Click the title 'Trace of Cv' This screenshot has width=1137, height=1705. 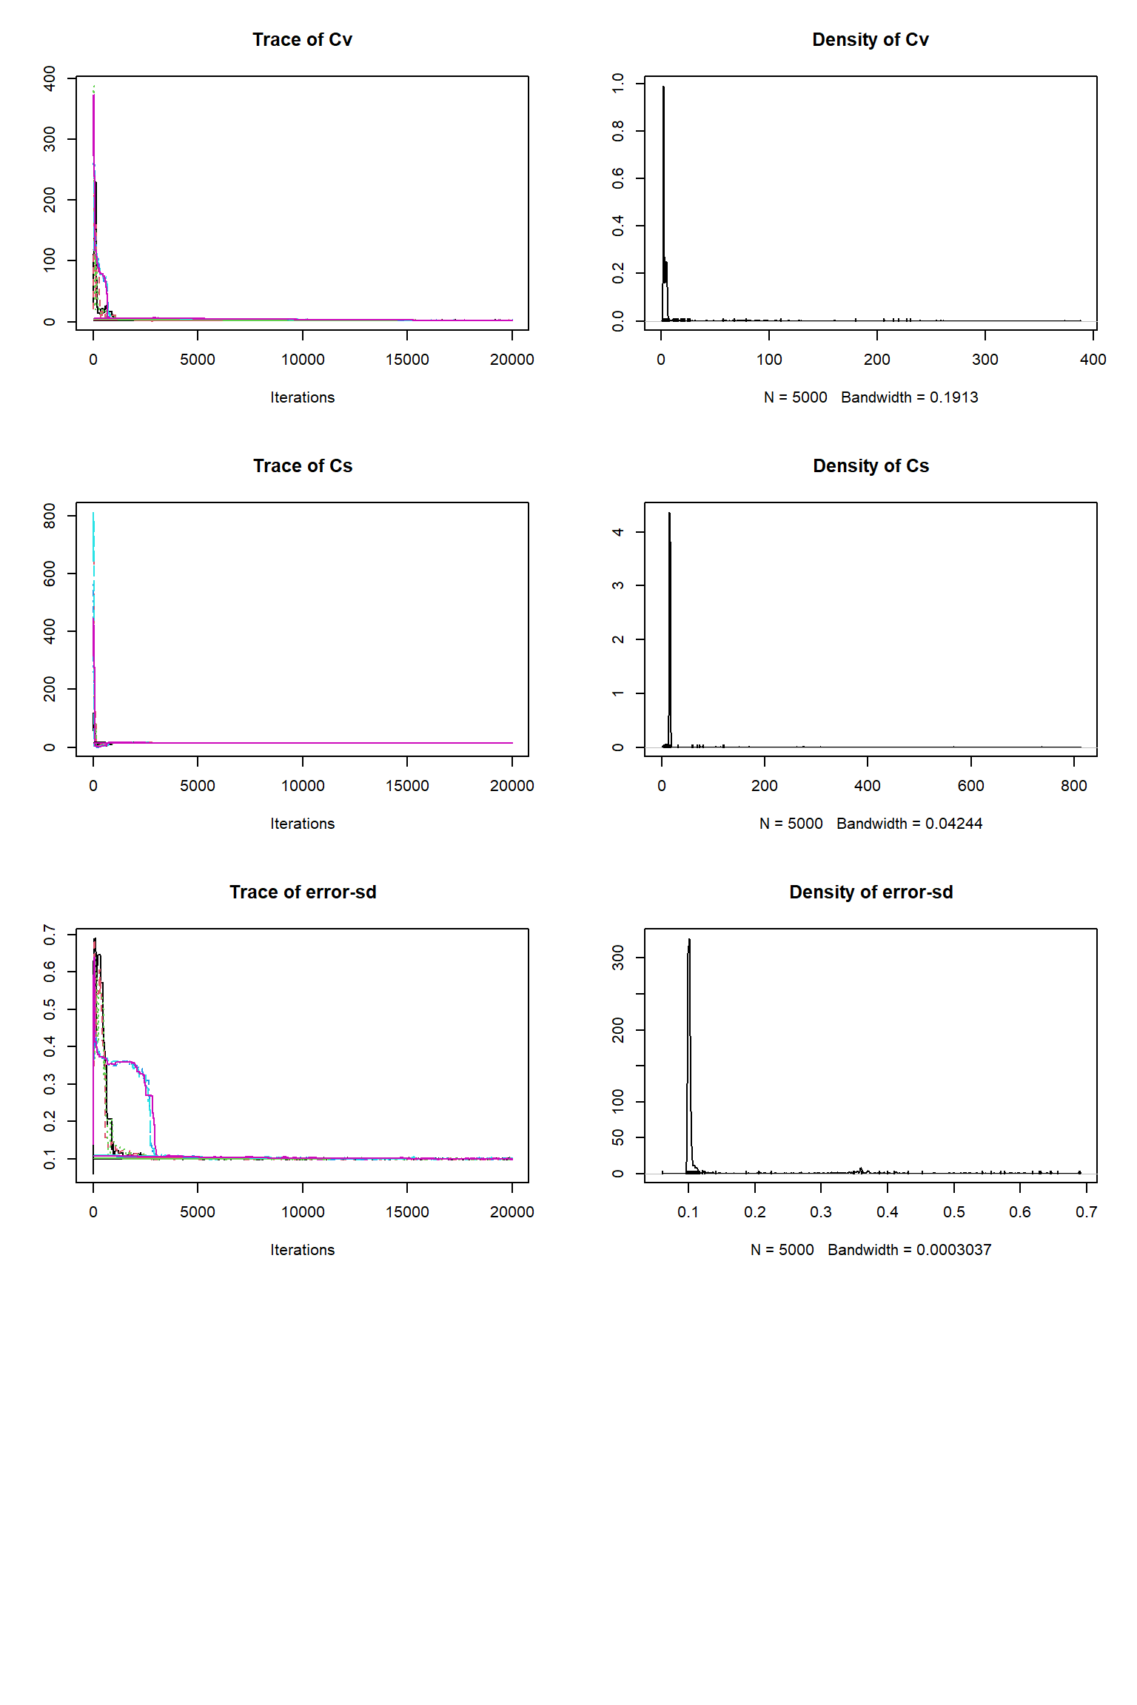pos(302,40)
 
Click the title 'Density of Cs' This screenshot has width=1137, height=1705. pos(871,466)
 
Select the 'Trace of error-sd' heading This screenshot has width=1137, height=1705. pos(303,892)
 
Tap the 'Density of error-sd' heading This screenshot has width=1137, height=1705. pos(871,892)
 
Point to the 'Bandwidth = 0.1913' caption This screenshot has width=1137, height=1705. pos(909,397)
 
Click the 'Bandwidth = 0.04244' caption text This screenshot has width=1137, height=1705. pos(909,824)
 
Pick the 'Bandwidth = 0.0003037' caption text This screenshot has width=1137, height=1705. pos(909,1250)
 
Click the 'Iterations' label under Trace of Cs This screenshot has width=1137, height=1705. pos(302,824)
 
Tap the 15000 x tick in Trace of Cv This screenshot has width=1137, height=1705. pos(407,360)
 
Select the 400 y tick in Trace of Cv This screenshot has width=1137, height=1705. pos(50,78)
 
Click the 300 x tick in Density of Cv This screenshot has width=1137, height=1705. pos(985,360)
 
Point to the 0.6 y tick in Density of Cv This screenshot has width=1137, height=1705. pos(618,178)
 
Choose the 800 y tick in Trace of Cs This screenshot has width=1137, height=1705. pos(50,516)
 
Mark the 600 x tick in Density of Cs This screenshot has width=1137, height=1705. pos(970,786)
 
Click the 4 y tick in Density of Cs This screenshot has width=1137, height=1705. pos(618,532)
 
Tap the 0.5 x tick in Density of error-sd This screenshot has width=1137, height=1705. pos(953,1212)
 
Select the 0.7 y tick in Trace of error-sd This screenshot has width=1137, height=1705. pos(50,935)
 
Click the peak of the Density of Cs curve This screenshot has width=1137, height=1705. pos(669,513)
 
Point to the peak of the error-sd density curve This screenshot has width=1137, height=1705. pos(689,940)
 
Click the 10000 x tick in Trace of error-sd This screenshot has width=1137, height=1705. pos(302,1212)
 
